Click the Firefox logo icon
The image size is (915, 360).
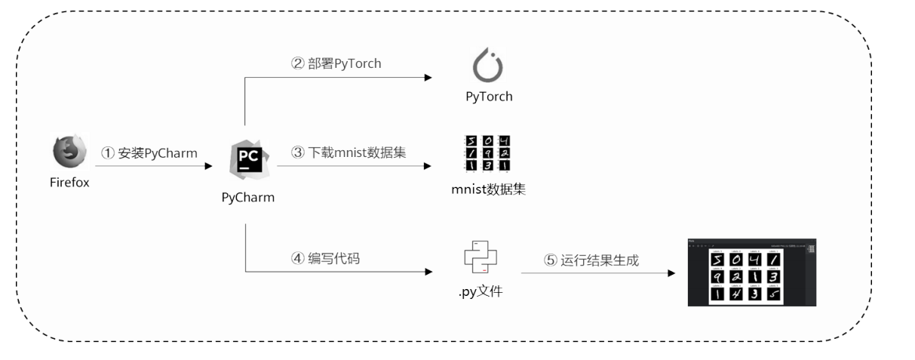(69, 152)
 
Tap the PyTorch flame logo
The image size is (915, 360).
(488, 66)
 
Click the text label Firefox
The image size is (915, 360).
(70, 182)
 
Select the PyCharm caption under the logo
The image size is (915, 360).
(248, 198)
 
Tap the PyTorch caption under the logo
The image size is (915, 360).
(489, 97)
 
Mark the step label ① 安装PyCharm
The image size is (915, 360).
(149, 152)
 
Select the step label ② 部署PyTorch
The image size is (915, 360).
(336, 63)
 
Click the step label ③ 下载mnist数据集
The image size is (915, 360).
(348, 152)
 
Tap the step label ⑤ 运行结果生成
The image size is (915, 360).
(591, 260)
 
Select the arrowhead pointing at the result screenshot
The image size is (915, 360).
(671, 272)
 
